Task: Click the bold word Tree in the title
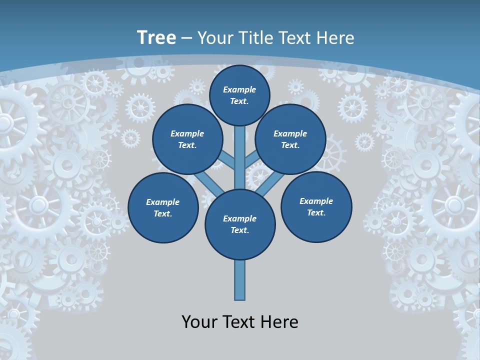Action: pyautogui.click(x=156, y=37)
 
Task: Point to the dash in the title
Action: pyautogui.click(x=186, y=38)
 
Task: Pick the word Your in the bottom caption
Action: pyautogui.click(x=199, y=322)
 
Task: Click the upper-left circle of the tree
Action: pyautogui.click(x=187, y=139)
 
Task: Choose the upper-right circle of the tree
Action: pyautogui.click(x=290, y=139)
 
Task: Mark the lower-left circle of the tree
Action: pyautogui.click(x=163, y=208)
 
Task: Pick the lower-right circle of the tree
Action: pyautogui.click(x=316, y=207)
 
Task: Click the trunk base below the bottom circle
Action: pyautogui.click(x=240, y=280)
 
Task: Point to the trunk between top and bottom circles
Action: pyautogui.click(x=240, y=160)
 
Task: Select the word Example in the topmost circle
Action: pyautogui.click(x=239, y=90)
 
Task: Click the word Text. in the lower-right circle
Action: pyautogui.click(x=316, y=213)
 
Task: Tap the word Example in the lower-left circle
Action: pyautogui.click(x=163, y=202)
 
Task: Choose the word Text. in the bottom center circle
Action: pyautogui.click(x=240, y=230)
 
